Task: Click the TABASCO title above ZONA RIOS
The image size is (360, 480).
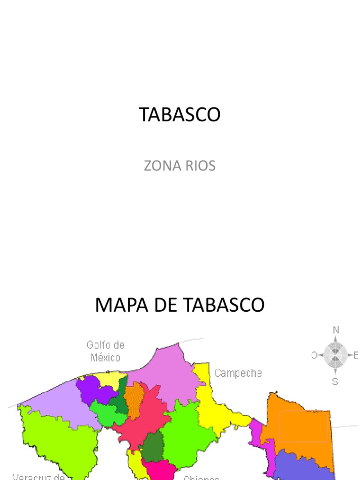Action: (x=180, y=115)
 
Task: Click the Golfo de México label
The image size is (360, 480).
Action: (x=106, y=351)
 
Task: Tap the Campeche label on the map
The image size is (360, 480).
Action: (x=238, y=374)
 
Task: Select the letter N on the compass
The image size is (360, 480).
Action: (x=336, y=330)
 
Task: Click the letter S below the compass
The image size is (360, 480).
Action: (x=335, y=382)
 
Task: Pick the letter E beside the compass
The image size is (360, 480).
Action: (x=356, y=356)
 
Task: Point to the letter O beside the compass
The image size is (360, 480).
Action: (x=314, y=356)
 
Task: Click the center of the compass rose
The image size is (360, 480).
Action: (x=335, y=355)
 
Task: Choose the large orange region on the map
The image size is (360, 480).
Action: (x=295, y=422)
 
